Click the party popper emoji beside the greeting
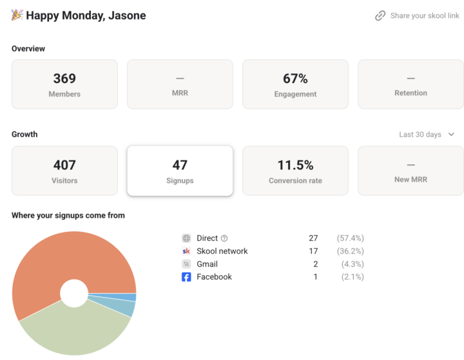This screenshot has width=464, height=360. (17, 15)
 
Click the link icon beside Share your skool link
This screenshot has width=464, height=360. (380, 15)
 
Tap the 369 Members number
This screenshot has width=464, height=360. (64, 79)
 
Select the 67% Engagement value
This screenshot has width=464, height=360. (295, 79)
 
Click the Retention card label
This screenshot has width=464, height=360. (411, 93)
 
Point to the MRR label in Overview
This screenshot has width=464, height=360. (180, 93)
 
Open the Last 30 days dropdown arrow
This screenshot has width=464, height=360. (451, 135)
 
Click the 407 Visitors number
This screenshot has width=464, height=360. (64, 165)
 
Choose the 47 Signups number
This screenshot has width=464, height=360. (180, 165)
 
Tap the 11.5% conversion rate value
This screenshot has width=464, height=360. (295, 165)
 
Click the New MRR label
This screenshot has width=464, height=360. (411, 180)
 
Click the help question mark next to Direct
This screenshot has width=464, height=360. (224, 238)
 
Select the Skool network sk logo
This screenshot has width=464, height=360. (186, 251)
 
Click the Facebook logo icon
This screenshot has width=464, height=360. (186, 277)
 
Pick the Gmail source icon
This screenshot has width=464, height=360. (186, 264)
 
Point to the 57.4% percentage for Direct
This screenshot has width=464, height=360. (351, 238)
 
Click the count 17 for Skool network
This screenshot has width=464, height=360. (313, 251)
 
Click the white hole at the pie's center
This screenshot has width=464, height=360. (74, 293)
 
